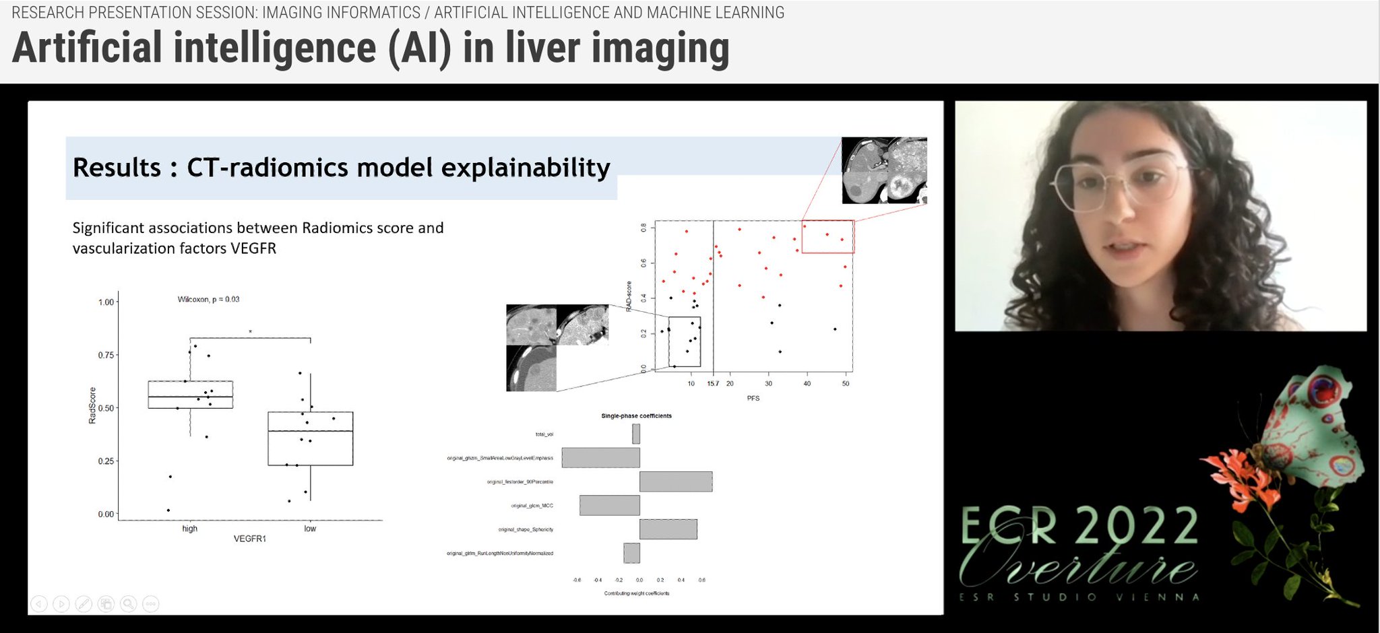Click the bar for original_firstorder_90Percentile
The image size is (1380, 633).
point(675,481)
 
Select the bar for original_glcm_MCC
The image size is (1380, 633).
point(609,505)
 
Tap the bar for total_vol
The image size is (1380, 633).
point(636,434)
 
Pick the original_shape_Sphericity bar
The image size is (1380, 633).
point(668,529)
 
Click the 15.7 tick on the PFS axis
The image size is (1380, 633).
point(713,383)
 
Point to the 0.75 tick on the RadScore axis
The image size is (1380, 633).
point(106,355)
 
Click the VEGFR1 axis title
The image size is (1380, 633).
point(249,539)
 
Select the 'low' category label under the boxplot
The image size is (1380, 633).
point(310,529)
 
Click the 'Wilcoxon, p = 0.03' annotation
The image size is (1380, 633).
point(208,299)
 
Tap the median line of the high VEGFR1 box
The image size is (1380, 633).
point(190,397)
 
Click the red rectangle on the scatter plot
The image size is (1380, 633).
point(828,236)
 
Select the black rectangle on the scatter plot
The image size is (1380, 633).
point(684,341)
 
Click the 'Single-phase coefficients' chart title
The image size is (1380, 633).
point(636,415)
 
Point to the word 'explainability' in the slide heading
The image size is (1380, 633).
point(526,167)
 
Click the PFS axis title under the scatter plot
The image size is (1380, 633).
point(753,398)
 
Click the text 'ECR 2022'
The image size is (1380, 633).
point(1078,527)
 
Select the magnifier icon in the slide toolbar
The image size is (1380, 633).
point(128,603)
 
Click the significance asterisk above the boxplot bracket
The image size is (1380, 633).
point(250,332)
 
